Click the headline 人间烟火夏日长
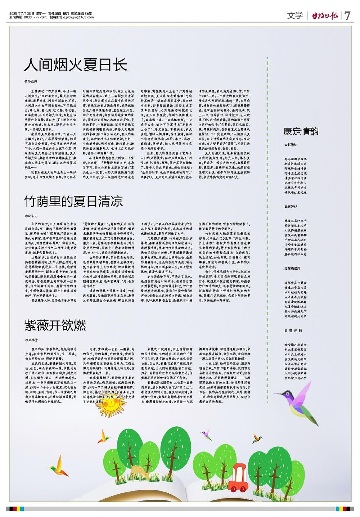pyautogui.click(x=76, y=66)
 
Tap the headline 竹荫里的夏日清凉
pyautogui.click(x=73, y=201)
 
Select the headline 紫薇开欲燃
pyautogui.click(x=55, y=325)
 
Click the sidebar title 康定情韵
pyautogui.click(x=301, y=131)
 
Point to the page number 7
pyautogui.click(x=347, y=16)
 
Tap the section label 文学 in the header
pyautogui.click(x=295, y=16)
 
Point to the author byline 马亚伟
pyautogui.click(x=31, y=82)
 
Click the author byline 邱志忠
pyautogui.click(x=31, y=216)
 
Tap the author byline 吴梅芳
pyautogui.click(x=31, y=340)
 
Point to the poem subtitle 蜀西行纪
pyautogui.click(x=291, y=207)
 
